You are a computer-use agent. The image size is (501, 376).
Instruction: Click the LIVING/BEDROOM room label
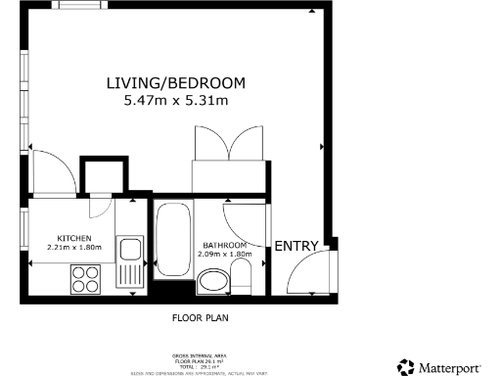click(175, 83)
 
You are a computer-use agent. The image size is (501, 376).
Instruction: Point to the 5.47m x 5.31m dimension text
click(175, 100)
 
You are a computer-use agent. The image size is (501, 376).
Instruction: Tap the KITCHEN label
click(74, 239)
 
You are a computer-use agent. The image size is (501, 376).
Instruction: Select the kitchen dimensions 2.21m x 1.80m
click(74, 249)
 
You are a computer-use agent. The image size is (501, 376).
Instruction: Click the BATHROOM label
click(225, 245)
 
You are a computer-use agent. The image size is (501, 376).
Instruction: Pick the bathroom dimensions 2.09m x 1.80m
click(225, 255)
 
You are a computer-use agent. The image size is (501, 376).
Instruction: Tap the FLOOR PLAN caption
click(201, 318)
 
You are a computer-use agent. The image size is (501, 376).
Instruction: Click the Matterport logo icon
click(405, 367)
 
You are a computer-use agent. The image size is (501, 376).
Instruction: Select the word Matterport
click(450, 367)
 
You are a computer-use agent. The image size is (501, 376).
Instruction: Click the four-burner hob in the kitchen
click(86, 281)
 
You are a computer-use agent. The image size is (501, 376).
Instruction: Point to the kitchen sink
click(130, 263)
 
